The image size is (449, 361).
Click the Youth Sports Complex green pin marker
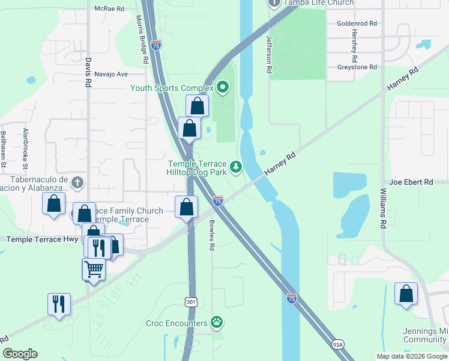pos(223,88)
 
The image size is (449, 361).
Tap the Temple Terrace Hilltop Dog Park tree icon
pos(237,167)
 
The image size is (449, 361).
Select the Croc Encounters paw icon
pos(217,323)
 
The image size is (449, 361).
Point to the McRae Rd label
pos(109,9)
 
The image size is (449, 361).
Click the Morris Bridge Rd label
pos(143,40)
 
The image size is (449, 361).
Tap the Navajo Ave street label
pos(111,74)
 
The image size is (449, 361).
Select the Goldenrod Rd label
pos(357,23)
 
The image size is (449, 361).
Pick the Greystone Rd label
pos(357,67)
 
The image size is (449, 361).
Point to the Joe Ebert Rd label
pos(411,182)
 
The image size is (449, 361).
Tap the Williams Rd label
pos(382,208)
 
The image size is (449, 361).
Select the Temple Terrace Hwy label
pos(42,239)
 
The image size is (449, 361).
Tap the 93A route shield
pos(338,345)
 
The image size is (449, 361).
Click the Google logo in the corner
pos(20,354)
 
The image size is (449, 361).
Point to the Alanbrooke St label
pos(25,147)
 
